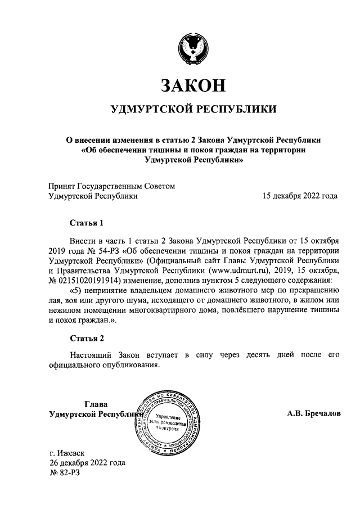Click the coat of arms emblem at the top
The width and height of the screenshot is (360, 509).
coord(193,46)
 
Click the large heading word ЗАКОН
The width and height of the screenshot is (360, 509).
coord(193,85)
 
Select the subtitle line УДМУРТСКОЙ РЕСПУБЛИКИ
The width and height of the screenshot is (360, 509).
coord(193,109)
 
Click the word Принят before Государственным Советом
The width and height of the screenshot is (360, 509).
coord(64,186)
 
